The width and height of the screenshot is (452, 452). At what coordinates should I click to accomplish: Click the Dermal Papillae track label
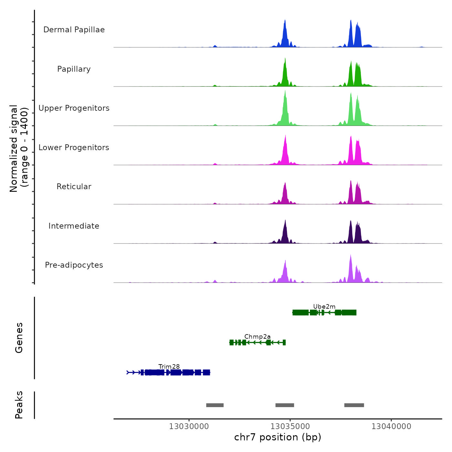74,30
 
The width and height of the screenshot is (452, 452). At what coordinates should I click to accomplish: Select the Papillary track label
74,69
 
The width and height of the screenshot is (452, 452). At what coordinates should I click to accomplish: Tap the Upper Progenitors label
74,108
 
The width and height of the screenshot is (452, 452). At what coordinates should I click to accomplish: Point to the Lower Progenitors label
74,148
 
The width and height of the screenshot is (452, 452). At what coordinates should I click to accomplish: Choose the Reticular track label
74,187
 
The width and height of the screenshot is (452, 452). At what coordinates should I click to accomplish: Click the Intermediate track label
74,226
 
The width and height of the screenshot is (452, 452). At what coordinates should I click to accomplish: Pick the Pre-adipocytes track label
74,265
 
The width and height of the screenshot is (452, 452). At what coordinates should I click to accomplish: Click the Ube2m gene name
324,307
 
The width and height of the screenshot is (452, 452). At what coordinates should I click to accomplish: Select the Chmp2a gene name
257,337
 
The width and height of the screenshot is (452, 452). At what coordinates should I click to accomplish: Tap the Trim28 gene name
169,367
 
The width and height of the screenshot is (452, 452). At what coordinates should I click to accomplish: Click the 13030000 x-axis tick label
189,426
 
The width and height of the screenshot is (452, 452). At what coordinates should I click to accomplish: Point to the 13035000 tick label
290,426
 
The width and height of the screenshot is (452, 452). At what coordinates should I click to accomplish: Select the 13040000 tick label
391,426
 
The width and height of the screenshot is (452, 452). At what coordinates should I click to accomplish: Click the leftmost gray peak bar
215,405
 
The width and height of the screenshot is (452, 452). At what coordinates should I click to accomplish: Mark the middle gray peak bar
284,405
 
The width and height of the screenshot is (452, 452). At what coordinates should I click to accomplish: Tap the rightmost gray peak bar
354,405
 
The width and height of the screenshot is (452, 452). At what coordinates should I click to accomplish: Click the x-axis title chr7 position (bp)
278,437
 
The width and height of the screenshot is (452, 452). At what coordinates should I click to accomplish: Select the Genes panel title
19,338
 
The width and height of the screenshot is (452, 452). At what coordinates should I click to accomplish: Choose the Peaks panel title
19,405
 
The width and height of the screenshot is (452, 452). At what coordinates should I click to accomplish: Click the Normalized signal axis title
19,147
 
